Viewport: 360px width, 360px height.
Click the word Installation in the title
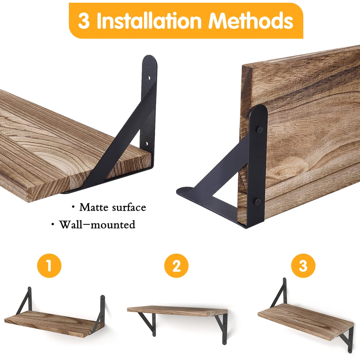(x=150, y=21)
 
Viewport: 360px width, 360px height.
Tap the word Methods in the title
(x=251, y=21)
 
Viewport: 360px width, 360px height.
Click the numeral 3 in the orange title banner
(x=84, y=21)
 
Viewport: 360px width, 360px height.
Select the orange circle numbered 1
(x=49, y=265)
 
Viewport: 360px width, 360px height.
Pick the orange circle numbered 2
(x=176, y=266)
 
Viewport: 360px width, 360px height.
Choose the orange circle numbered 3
(x=303, y=266)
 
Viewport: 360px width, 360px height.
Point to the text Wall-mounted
(x=97, y=224)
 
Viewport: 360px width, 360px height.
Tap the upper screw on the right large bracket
(x=259, y=130)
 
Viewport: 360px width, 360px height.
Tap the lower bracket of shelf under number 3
(x=347, y=338)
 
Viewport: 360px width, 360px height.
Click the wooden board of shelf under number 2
(x=177, y=311)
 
